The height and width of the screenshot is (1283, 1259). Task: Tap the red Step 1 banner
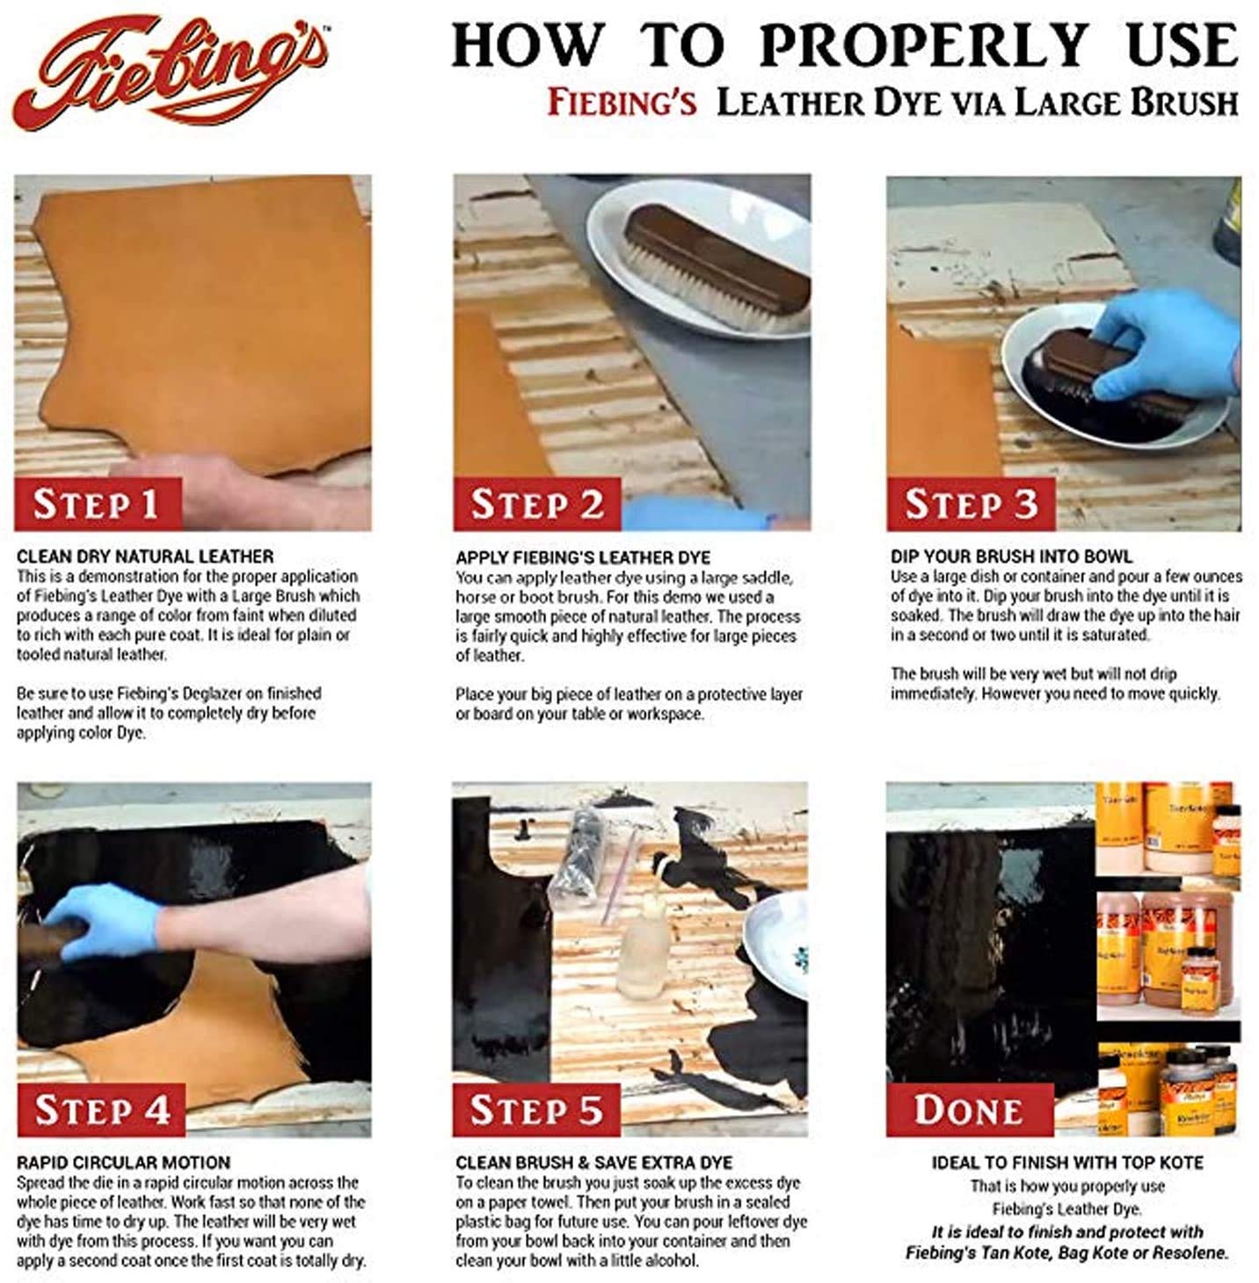click(x=97, y=504)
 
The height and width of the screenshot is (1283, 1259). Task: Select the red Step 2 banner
click(x=536, y=504)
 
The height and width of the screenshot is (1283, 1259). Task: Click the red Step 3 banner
click(x=970, y=504)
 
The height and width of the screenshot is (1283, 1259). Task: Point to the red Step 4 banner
click(x=100, y=1109)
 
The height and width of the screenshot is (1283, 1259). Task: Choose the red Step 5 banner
click(x=535, y=1109)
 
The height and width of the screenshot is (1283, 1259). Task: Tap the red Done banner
click(x=969, y=1109)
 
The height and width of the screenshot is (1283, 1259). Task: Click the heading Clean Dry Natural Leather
click(x=145, y=556)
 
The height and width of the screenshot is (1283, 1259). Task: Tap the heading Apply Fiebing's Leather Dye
click(x=583, y=557)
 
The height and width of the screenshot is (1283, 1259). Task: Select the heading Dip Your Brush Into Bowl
click(x=1011, y=556)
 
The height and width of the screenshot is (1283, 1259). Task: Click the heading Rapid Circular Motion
click(x=123, y=1163)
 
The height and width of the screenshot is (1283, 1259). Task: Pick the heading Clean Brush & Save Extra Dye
click(x=593, y=1163)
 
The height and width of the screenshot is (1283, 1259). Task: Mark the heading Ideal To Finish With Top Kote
click(x=1066, y=1163)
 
